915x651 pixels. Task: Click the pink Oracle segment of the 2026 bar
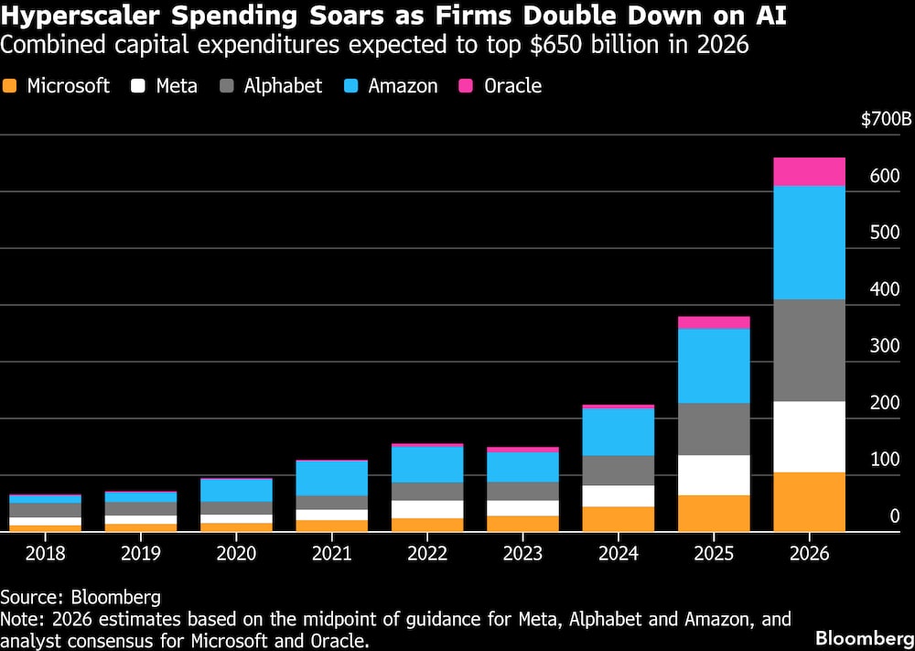(x=809, y=171)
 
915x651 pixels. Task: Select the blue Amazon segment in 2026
(x=809, y=243)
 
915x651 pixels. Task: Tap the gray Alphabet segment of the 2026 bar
(x=809, y=350)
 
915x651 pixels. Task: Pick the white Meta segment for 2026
(x=809, y=437)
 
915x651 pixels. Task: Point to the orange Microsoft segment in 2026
(x=809, y=502)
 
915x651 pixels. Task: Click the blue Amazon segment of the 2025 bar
(x=714, y=365)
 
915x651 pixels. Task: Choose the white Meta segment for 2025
(x=714, y=475)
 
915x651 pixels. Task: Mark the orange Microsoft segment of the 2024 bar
(x=619, y=519)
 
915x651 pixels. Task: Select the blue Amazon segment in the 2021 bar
(x=331, y=478)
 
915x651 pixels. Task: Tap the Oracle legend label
(x=512, y=86)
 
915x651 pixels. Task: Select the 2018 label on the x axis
(x=46, y=554)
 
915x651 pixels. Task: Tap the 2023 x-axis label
(x=523, y=554)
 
